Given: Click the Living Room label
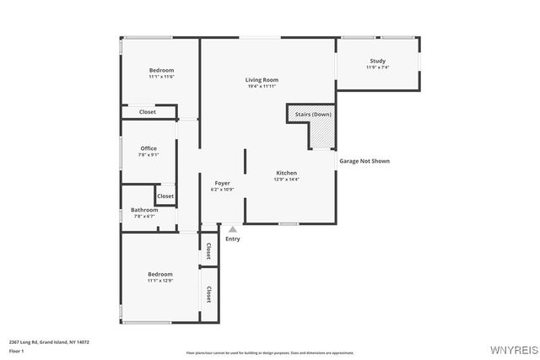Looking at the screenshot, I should coord(262,80).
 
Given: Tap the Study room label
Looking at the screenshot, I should coord(377,61).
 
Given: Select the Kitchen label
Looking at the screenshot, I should coord(286,172).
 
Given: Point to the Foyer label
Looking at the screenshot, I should coord(222,183).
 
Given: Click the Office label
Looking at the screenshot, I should coord(148,148).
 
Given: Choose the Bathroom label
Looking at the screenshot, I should coord(144,210).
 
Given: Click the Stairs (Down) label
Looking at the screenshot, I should coord(310,114).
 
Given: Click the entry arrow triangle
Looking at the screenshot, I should coord(233,228).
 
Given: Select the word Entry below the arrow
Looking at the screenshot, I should coord(233,239).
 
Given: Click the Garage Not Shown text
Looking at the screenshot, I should coord(364,160).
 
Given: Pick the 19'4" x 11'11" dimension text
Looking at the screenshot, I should coord(262,87).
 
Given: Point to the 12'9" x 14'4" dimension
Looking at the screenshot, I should coord(286,179).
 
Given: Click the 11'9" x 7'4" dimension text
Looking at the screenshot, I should coord(377,67).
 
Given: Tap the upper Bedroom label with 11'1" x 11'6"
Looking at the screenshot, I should coord(161,70).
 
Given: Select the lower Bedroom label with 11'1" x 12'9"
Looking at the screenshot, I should coord(160,274).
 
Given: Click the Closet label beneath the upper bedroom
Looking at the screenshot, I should coord(148,111).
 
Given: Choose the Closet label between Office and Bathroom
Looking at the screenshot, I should coord(165,196).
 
